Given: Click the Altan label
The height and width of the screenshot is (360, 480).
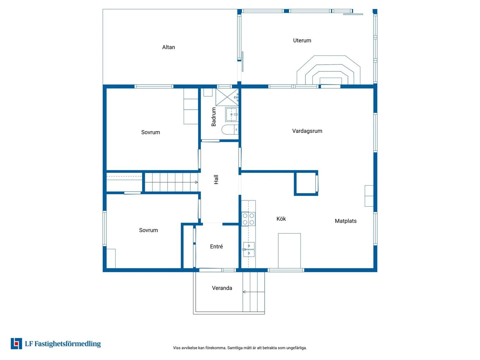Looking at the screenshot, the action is click(x=168, y=47).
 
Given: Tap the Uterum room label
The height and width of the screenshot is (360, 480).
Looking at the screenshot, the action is click(x=302, y=40).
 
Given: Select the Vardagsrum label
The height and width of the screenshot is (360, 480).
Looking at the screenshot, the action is click(x=307, y=131).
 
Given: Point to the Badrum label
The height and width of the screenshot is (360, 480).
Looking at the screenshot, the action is click(x=214, y=117).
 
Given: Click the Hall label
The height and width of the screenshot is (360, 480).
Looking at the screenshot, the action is click(x=216, y=179).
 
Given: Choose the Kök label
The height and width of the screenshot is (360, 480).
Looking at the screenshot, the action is click(x=281, y=219).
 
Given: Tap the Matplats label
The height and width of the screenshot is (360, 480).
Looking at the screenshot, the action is click(x=346, y=221).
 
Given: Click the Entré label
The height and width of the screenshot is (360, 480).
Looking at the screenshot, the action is click(x=216, y=247).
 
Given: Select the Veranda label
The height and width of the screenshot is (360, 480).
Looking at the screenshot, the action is click(x=222, y=288).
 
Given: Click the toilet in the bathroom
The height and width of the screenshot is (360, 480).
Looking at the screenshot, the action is click(x=230, y=130).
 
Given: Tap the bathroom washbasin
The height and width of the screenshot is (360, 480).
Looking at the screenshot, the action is click(x=231, y=114).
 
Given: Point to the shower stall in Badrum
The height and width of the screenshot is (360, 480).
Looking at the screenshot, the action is click(x=227, y=97).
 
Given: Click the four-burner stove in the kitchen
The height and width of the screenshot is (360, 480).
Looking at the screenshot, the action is click(x=248, y=219).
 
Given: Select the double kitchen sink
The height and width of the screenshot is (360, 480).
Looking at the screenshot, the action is click(x=249, y=249).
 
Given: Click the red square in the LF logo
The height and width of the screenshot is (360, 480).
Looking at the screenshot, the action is click(x=16, y=344).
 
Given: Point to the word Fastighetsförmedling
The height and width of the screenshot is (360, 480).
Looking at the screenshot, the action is click(x=68, y=344).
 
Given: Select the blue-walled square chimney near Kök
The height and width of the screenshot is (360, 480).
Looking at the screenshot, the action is click(x=306, y=183).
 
